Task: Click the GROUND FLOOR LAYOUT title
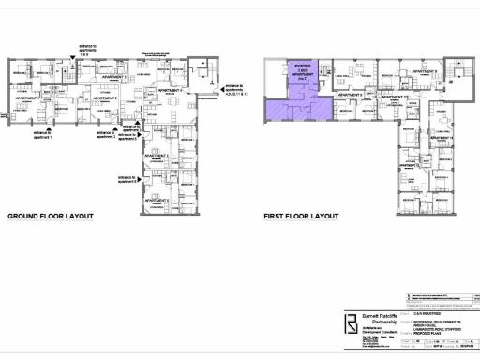pos(51,215)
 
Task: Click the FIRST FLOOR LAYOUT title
pos(301,215)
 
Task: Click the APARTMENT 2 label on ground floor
pos(103,97)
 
